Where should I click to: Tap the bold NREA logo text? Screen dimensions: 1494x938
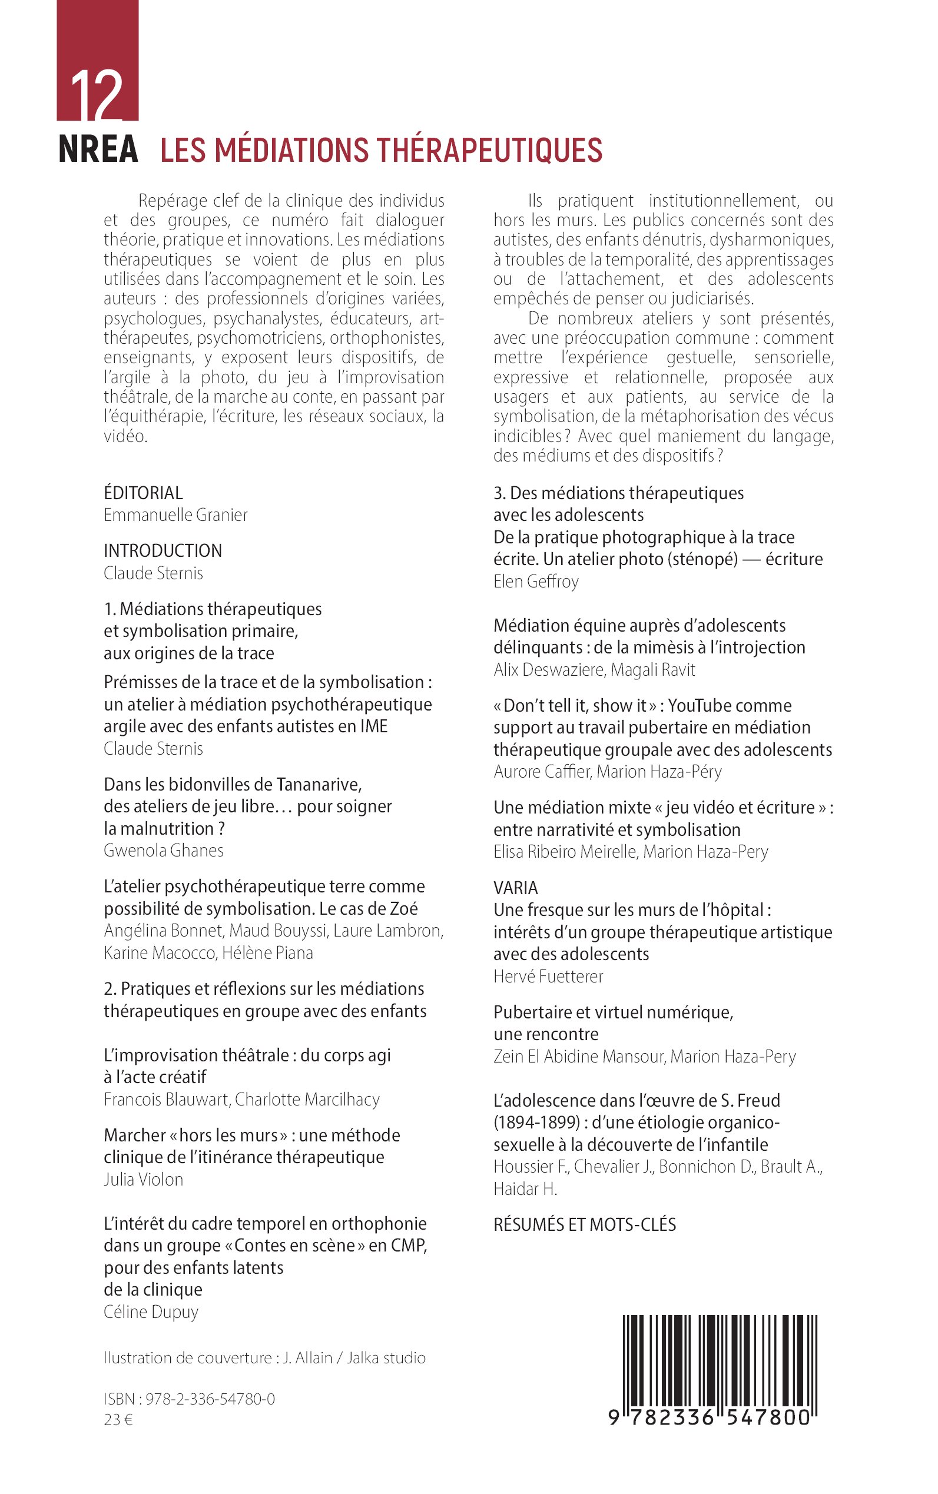(x=98, y=150)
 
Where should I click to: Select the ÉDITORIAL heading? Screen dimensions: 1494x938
(x=143, y=493)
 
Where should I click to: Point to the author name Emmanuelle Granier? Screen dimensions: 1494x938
(x=175, y=514)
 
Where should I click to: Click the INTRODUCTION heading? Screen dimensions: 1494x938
(x=163, y=551)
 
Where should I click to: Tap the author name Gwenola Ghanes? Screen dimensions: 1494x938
(x=164, y=850)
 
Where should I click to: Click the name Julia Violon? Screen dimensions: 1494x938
(x=143, y=1180)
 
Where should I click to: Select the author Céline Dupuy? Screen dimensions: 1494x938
(x=151, y=1312)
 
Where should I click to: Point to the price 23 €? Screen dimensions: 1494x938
(x=118, y=1420)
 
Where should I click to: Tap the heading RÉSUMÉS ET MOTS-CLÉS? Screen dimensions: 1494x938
(x=584, y=1225)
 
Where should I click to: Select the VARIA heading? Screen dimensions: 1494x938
(x=516, y=888)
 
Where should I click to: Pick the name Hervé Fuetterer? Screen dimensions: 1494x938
(x=548, y=976)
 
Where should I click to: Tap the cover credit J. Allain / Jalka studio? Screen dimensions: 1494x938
(x=354, y=1358)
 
